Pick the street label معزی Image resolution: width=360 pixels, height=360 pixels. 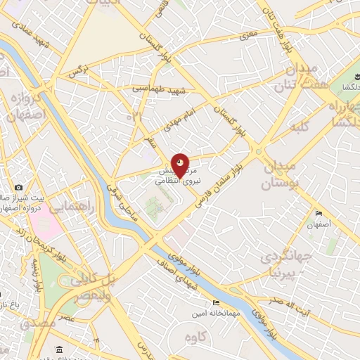pyautogui.click(x=250, y=34)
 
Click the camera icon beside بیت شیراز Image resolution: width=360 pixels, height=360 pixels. pyautogui.click(x=18, y=188)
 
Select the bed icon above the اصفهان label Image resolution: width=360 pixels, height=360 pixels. pyautogui.click(x=319, y=214)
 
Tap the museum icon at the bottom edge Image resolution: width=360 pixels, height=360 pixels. pyautogui.click(x=58, y=350)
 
